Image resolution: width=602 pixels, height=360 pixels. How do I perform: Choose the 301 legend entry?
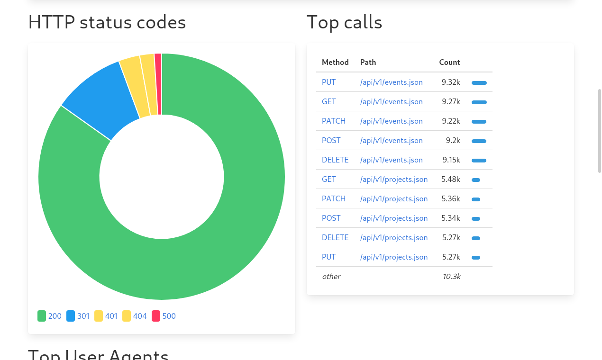pos(78,316)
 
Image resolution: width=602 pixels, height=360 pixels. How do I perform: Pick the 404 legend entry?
pos(135,316)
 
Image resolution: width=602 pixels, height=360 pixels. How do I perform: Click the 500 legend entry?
pos(164,316)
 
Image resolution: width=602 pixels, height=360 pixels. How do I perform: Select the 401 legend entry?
pos(106,316)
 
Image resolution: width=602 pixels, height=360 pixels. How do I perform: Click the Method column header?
pos(335,63)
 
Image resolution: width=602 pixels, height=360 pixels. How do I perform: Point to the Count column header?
pos(449,63)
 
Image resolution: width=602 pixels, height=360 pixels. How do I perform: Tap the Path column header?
pos(368,63)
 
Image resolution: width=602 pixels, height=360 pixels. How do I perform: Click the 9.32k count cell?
pos(451,82)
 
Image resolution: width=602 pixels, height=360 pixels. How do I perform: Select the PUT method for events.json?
pos(328,82)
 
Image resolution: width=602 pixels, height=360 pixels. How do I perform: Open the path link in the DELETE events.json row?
pos(391,160)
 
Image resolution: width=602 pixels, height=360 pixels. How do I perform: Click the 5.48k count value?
pos(451,180)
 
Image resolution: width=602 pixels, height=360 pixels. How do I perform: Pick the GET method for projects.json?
pos(328,180)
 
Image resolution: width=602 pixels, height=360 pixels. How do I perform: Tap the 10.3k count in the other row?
pos(451,277)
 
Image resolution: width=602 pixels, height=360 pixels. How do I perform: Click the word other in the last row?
pos(331,277)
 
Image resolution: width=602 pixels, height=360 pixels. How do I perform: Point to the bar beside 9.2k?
pos(479,141)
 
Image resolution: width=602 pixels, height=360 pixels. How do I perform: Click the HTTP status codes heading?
pos(107,22)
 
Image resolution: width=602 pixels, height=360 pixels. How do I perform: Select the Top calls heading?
pos(344,22)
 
